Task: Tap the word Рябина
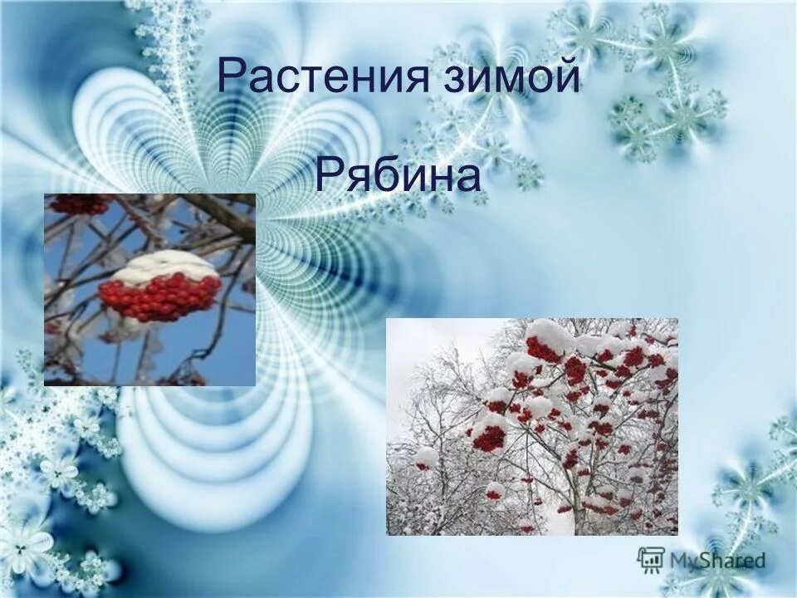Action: (x=398, y=177)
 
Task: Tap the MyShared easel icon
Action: (x=651, y=559)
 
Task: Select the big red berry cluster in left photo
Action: (x=159, y=297)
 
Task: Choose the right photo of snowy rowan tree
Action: (x=531, y=426)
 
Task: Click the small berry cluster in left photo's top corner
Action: (x=79, y=203)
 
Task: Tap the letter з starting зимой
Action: (x=450, y=80)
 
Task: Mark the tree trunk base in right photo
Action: (x=581, y=523)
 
